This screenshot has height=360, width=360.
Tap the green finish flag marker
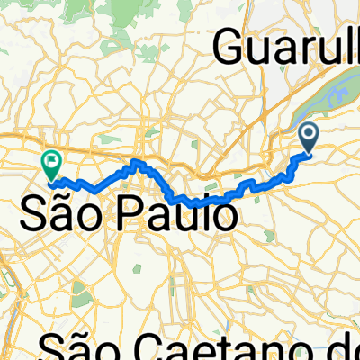[50, 163]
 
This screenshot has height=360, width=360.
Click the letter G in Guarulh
[231, 48]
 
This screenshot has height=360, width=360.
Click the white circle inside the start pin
[308, 134]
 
